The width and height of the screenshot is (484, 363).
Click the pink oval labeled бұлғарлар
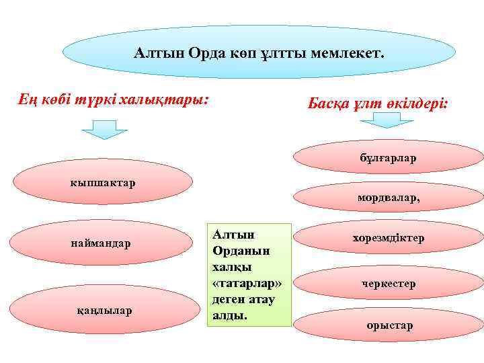click(x=389, y=159)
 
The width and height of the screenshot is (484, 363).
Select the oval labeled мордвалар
click(x=389, y=198)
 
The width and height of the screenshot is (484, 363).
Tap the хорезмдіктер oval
click(x=389, y=239)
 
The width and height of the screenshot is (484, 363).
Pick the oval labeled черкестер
click(x=389, y=284)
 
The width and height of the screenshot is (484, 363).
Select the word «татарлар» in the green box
click(x=247, y=280)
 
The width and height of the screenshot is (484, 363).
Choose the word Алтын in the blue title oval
click(x=155, y=52)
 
